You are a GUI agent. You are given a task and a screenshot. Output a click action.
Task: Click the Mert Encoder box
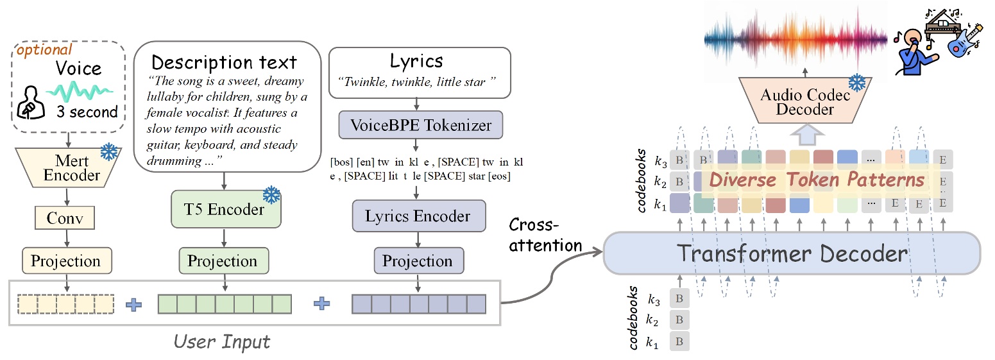click(67, 166)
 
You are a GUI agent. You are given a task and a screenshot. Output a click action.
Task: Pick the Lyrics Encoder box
click(418, 216)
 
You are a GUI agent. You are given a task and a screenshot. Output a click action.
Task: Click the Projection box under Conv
click(67, 261)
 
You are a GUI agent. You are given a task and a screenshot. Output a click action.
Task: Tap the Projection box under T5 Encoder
click(222, 261)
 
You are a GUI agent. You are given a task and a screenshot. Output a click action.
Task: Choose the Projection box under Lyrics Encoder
click(418, 261)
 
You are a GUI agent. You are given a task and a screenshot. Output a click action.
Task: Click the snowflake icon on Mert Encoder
click(110, 153)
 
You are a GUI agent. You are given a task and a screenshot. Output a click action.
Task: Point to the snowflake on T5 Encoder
click(271, 194)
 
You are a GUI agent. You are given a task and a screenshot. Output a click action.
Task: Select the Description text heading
click(224, 62)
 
